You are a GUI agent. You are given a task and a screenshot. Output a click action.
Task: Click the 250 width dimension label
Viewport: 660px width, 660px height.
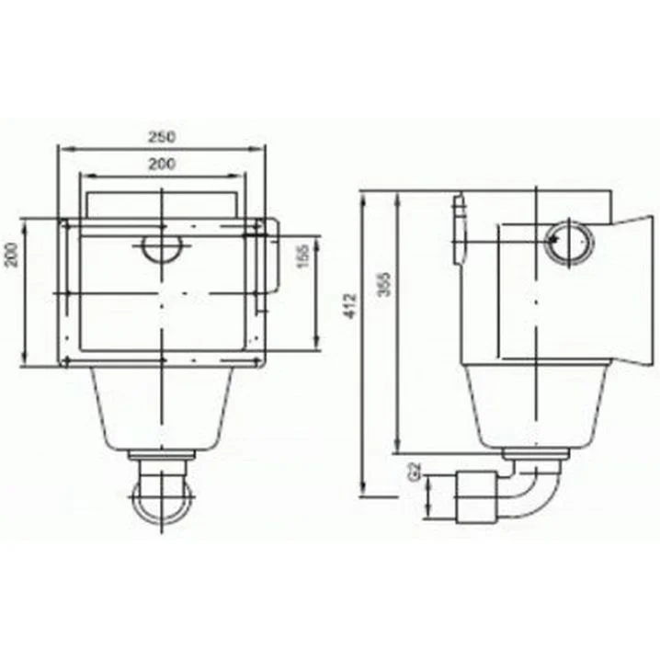[162, 137]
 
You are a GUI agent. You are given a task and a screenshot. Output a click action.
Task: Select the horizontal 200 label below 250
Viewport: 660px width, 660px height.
[162, 164]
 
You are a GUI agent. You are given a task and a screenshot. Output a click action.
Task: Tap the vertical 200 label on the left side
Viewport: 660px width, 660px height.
[12, 255]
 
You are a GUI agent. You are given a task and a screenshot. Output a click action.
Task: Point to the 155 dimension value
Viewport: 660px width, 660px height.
[302, 256]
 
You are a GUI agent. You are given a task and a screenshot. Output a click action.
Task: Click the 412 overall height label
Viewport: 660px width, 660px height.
[350, 306]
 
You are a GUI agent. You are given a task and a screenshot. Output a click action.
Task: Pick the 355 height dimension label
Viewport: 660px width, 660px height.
[384, 284]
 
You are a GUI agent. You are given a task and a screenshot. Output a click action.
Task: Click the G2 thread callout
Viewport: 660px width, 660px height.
[415, 472]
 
